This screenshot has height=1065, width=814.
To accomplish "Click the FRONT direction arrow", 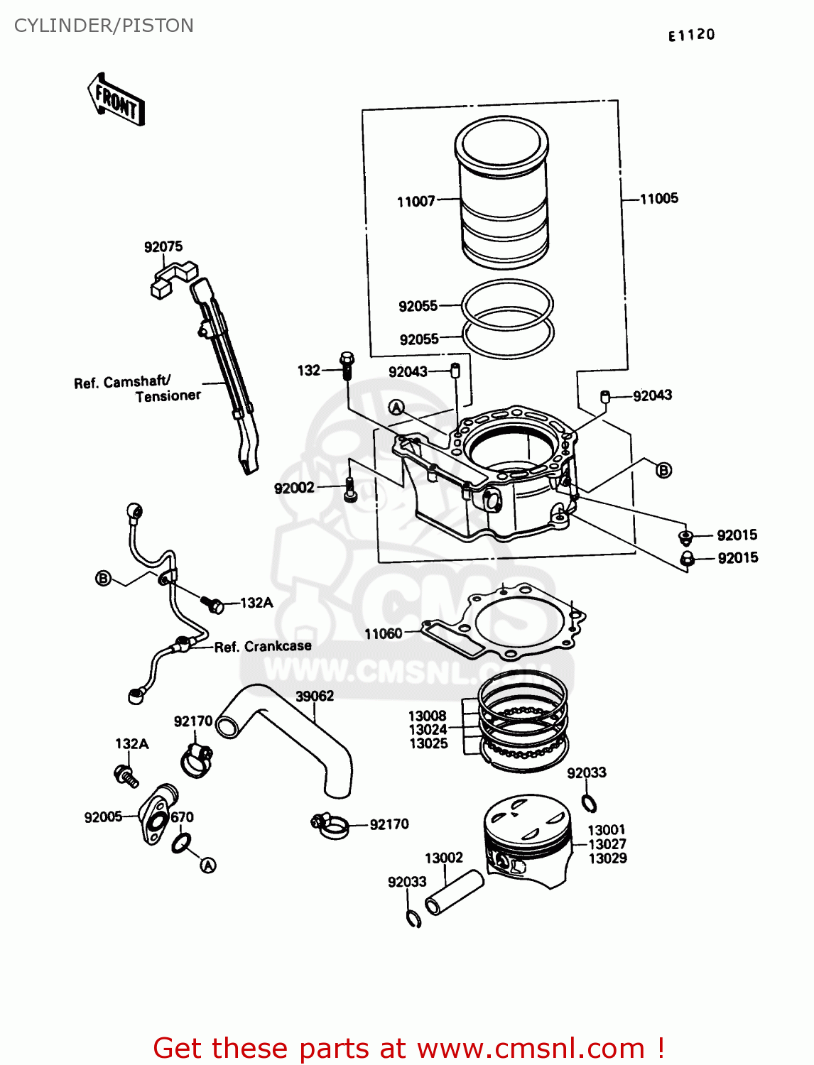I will [116, 100].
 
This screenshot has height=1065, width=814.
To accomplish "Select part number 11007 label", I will [416, 202].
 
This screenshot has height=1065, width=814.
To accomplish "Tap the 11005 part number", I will [658, 199].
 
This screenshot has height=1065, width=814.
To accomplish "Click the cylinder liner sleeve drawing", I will [502, 192].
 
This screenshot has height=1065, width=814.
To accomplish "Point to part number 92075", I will [163, 246].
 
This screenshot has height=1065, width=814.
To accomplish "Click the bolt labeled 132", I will [347, 365].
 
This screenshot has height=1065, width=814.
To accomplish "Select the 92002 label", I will [294, 488].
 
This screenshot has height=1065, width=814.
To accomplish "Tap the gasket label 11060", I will [383, 633].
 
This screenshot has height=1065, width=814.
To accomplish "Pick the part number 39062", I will [315, 696].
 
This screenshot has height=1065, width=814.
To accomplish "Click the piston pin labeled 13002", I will [455, 893].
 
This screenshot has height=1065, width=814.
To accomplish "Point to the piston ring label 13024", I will [428, 729].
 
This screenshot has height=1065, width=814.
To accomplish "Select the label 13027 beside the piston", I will [607, 844].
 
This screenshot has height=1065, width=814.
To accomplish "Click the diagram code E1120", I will [691, 35].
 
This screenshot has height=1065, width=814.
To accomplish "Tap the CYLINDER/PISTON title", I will [104, 26].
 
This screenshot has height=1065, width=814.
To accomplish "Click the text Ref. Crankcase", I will [263, 646].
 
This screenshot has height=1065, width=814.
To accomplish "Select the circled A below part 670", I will [208, 865].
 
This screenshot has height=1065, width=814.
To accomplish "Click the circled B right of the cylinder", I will [663, 470].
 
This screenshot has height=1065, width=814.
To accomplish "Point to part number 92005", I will [103, 817].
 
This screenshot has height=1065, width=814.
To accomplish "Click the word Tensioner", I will [168, 396].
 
